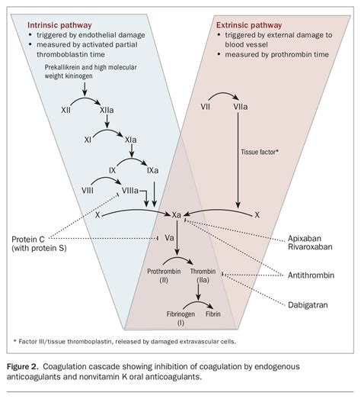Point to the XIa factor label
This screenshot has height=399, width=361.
coord(129,141)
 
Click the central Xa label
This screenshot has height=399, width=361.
coord(177,216)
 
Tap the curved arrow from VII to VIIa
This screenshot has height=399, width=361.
coord(224,96)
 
